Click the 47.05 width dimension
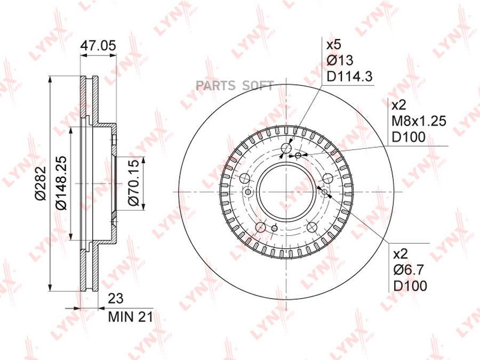tap(98, 46)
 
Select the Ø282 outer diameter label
tap(41, 183)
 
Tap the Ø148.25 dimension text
tap(61, 183)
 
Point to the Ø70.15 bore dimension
tap(134, 183)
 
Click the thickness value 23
tap(116, 299)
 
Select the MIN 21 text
tap(131, 317)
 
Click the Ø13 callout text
tap(340, 60)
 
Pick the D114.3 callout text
tap(349, 76)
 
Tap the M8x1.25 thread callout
tap(419, 121)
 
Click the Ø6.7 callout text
tap(409, 270)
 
